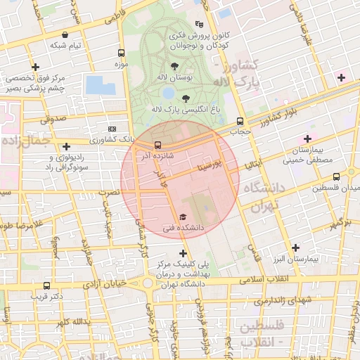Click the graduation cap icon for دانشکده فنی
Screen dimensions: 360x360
pos(184,217)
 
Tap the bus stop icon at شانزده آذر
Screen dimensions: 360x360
pos(157,145)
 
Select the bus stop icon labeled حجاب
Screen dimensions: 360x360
pos(241,120)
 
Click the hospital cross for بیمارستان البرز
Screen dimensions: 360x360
pos(296,248)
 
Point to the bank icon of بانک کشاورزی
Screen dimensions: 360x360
pos(112,129)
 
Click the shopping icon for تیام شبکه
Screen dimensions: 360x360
pos(65,34)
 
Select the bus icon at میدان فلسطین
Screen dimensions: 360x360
pos(336,176)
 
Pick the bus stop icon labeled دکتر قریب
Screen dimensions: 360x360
pos(46,285)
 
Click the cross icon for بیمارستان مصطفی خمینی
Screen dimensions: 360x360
pos(307,139)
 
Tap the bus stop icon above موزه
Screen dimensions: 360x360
pos(121,53)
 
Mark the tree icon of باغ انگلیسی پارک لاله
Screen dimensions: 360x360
pos(186,99)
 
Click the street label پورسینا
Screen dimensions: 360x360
pos(212,167)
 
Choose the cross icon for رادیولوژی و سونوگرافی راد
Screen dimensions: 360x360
pos(67,147)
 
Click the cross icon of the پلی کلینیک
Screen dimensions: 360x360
pos(184,253)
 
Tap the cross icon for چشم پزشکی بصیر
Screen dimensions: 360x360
pos(36,67)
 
